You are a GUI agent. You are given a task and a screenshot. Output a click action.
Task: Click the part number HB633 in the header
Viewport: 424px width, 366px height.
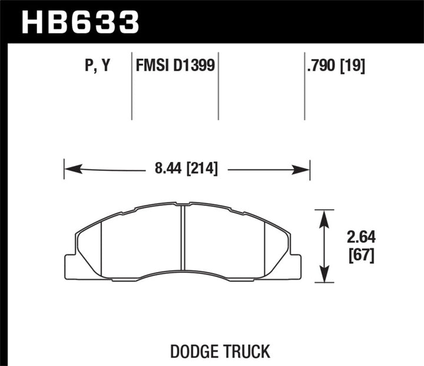tap(81, 22)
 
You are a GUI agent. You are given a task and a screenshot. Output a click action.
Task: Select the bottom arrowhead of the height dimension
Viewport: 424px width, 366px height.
tap(323, 276)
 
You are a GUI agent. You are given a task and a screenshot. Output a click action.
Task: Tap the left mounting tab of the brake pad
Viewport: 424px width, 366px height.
tap(71, 266)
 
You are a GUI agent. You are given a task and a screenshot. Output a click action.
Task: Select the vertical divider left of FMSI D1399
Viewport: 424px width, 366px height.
tap(131, 88)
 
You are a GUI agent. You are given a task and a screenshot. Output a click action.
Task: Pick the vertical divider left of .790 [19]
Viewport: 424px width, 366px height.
tap(304, 88)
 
